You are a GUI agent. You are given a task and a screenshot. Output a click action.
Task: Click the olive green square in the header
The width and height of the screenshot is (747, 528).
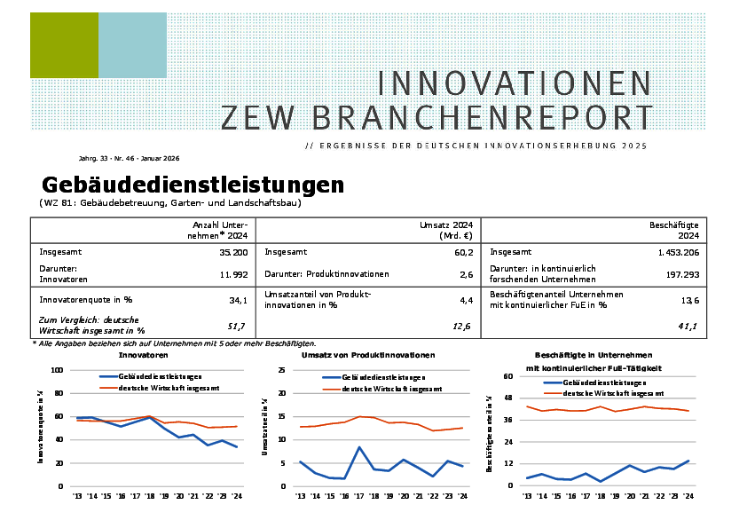point(64,44)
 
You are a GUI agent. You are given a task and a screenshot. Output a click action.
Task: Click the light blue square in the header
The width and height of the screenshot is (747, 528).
point(132,44)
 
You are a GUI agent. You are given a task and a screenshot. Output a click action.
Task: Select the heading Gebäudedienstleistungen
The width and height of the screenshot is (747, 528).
point(193,185)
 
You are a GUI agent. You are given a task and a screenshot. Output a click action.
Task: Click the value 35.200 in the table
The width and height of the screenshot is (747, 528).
point(232,252)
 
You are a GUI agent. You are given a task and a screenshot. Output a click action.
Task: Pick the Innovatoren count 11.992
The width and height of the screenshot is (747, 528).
point(232,274)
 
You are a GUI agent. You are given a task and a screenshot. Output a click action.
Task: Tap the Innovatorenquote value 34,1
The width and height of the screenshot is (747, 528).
point(237,301)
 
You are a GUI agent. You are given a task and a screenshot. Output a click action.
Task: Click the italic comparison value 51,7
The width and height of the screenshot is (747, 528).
point(237,327)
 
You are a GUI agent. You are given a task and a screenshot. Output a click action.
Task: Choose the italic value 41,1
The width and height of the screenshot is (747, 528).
point(688,327)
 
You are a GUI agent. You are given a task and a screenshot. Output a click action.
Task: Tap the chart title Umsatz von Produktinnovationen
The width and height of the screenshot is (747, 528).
point(368,355)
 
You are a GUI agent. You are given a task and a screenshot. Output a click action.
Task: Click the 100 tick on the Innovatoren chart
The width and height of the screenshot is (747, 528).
point(58,370)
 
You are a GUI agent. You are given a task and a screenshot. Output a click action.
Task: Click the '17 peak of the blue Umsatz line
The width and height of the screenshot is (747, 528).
point(358,447)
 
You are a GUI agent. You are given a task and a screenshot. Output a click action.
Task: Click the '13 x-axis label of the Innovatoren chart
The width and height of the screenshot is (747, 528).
point(77,495)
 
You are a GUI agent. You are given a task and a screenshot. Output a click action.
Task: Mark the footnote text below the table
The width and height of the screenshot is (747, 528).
point(174,343)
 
